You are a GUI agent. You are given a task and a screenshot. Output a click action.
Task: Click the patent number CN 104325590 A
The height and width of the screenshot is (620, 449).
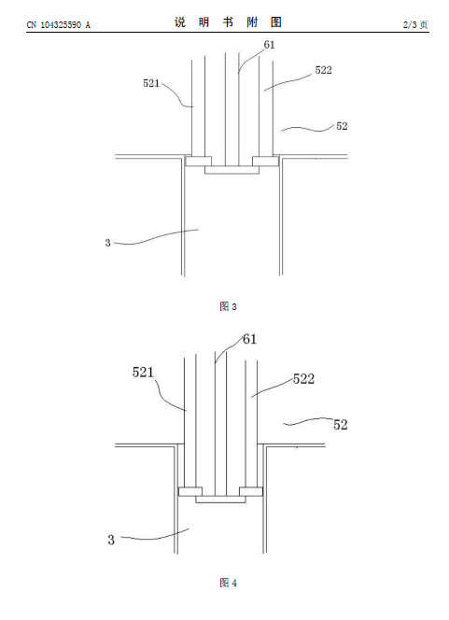tap(59, 25)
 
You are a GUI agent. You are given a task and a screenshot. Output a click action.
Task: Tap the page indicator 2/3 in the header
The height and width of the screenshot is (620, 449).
tap(410, 24)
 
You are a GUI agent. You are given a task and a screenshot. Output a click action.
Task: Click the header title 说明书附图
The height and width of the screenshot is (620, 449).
tap(228, 22)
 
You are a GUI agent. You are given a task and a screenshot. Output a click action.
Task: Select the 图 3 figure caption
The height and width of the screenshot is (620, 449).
tap(228, 306)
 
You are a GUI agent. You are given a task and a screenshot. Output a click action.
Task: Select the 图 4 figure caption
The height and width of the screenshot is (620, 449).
tap(228, 583)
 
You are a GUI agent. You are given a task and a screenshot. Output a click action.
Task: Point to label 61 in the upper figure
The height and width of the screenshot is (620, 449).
tap(269, 45)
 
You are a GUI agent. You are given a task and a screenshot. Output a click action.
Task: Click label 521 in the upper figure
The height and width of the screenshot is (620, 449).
tap(151, 83)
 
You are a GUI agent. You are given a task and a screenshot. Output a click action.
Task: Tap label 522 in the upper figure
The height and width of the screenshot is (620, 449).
tap(323, 70)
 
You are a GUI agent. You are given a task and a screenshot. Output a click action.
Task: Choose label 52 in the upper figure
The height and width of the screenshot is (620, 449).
tap(342, 126)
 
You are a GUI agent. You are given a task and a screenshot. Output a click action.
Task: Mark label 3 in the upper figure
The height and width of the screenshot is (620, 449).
tap(107, 243)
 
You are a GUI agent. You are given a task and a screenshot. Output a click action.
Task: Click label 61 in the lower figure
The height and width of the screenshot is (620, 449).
tap(249, 339)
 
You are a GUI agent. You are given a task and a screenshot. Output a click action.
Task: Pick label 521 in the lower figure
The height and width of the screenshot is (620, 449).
tap(143, 372)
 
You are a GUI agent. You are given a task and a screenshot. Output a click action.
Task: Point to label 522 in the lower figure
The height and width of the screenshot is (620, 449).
tap(303, 379)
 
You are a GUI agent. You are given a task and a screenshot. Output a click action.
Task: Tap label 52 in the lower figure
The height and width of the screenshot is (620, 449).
tap(341, 425)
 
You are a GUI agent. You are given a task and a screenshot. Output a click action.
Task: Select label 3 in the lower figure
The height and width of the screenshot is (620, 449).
tap(111, 540)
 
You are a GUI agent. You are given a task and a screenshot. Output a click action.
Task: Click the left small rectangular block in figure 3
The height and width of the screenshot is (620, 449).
tap(199, 161)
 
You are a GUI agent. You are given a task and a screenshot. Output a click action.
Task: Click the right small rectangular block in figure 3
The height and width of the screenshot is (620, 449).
tap(266, 161)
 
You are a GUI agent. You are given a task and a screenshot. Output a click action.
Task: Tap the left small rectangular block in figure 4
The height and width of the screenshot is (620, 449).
tap(190, 491)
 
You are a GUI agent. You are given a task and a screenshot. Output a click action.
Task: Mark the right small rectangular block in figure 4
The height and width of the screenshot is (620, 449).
tap(251, 491)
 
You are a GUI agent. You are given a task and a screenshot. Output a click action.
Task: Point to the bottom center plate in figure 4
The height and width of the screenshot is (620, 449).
tap(220, 499)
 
